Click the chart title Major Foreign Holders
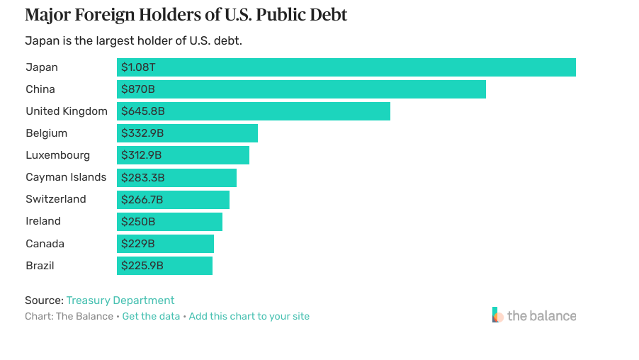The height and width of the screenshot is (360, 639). pyautogui.click(x=186, y=15)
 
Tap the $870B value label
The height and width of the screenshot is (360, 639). pyautogui.click(x=138, y=89)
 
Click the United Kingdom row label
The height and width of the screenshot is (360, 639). pyautogui.click(x=67, y=111)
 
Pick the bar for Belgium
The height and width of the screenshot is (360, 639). pyautogui.click(x=187, y=133)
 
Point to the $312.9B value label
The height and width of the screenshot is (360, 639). pyautogui.click(x=142, y=155)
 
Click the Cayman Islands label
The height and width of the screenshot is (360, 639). pyautogui.click(x=66, y=177)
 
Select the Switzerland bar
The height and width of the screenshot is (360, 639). pyautogui.click(x=173, y=199)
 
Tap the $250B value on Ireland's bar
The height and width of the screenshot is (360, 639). pyautogui.click(x=138, y=221)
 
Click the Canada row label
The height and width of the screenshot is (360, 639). pyautogui.click(x=45, y=244)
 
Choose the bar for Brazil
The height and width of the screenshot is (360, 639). pyautogui.click(x=164, y=266)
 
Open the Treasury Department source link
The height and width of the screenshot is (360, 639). pyautogui.click(x=120, y=300)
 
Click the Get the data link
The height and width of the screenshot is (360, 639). pyautogui.click(x=151, y=316)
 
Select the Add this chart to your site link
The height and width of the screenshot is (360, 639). pyautogui.click(x=249, y=316)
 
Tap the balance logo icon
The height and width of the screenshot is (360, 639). pyautogui.click(x=497, y=315)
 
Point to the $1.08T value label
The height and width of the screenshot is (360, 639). pyautogui.click(x=139, y=67)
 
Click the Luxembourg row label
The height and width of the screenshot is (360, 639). pyautogui.click(x=58, y=155)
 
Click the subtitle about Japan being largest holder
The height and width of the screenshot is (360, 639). pyautogui.click(x=133, y=40)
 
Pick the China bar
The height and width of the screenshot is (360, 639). pyautogui.click(x=301, y=89)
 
